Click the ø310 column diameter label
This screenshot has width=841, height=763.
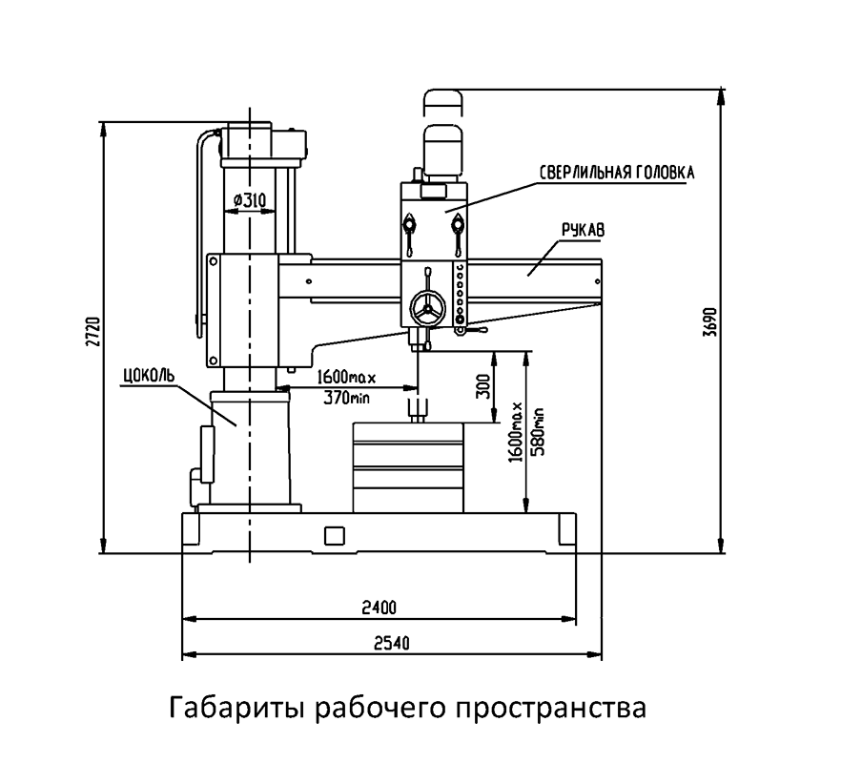[x=249, y=200]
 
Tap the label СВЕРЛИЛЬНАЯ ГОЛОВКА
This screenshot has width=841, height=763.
[x=616, y=174]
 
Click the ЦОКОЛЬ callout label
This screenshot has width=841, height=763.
[x=148, y=372]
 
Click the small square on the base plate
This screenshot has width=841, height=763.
[x=334, y=536]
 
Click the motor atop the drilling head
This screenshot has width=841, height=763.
[x=441, y=153]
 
